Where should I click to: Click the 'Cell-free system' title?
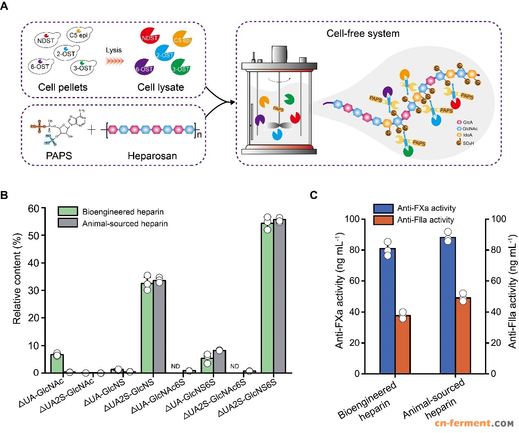point(363,34)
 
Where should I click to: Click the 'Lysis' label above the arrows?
point(113,50)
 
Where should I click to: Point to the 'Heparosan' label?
point(152,156)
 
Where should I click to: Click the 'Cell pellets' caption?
point(63,87)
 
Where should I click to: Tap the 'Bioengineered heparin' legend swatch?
point(68,211)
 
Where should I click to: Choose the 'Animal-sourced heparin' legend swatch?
point(68,223)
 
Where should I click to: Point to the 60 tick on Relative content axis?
point(33,209)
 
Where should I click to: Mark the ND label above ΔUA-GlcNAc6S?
point(175,366)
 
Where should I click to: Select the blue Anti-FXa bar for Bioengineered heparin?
point(387,311)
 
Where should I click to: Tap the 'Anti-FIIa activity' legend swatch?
point(384,220)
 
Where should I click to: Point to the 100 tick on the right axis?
point(498,219)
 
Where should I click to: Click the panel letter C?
point(314,195)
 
